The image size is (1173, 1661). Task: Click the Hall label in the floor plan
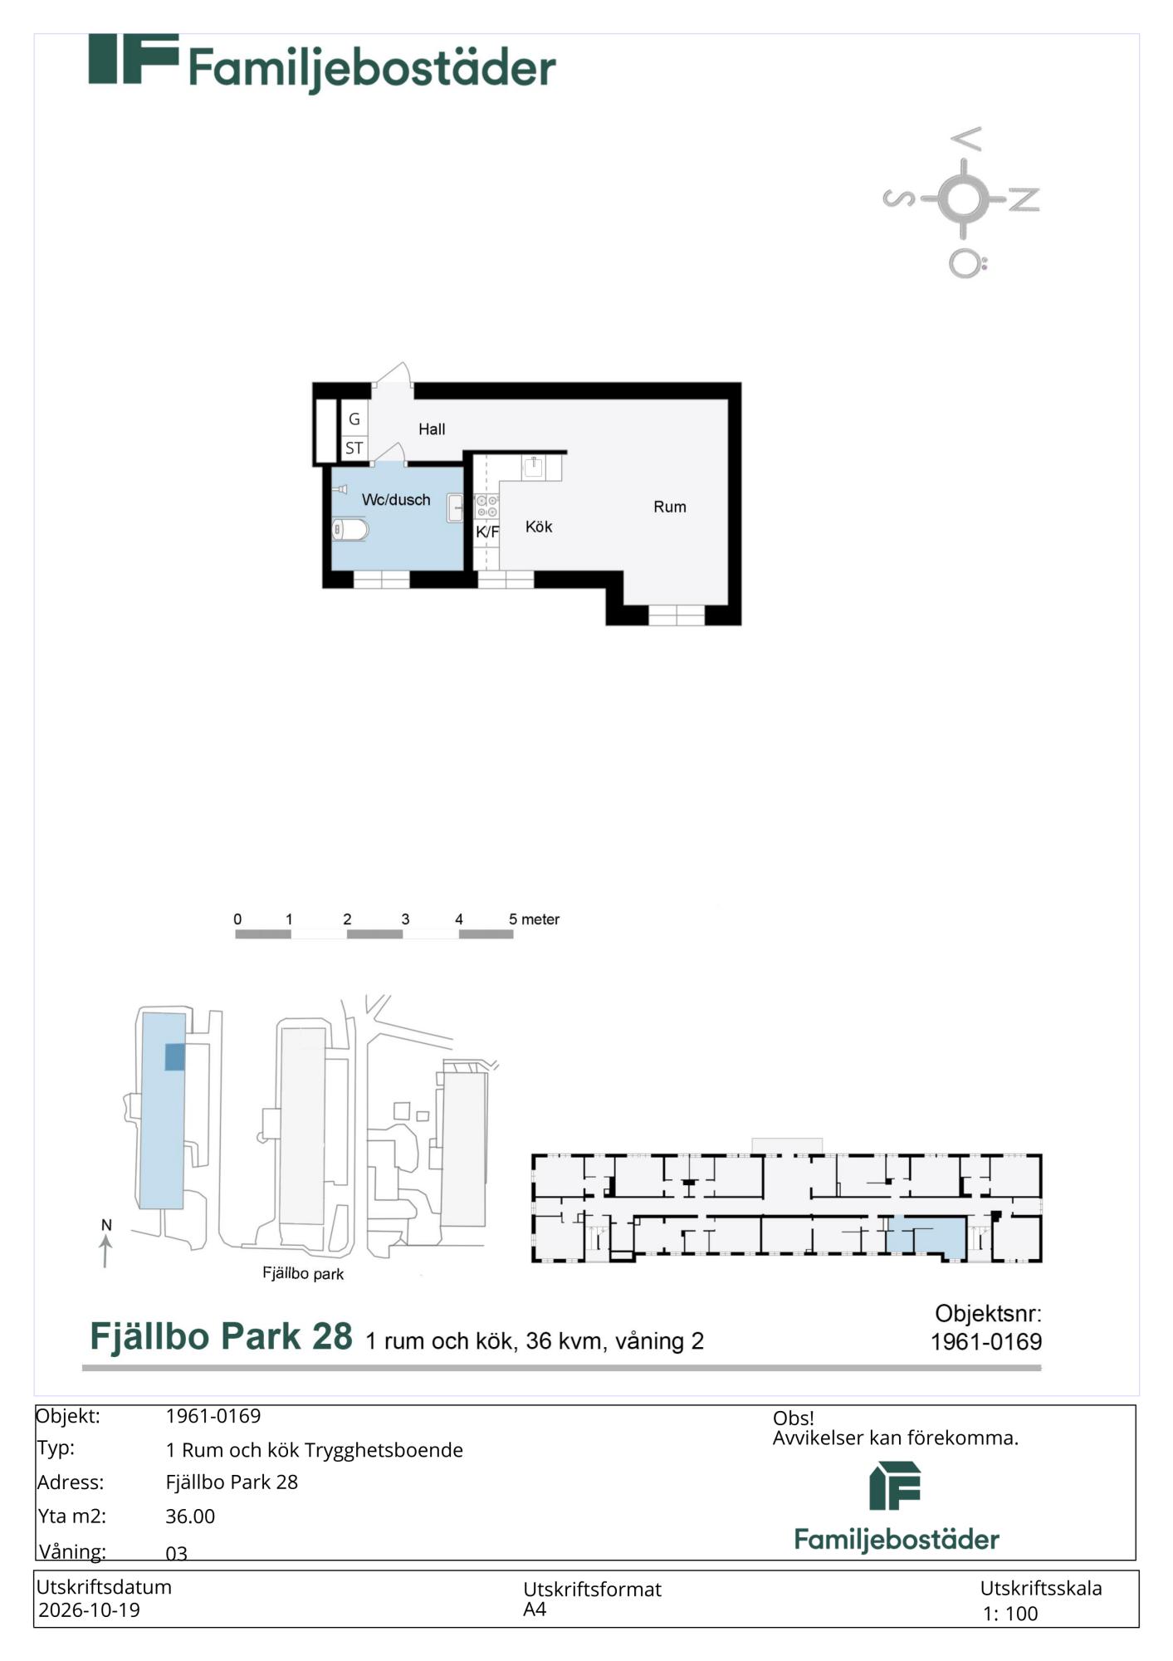coord(432,429)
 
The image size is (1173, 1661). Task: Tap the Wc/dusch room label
coord(396,500)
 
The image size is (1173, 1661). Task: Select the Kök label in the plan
coord(539,527)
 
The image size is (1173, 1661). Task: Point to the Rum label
coord(670,507)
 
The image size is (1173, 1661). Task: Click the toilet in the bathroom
coord(349,529)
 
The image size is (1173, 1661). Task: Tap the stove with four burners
coord(487,506)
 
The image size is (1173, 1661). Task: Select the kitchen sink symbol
coord(534,467)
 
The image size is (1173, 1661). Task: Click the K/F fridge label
coord(487,532)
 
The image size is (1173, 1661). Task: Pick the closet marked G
coord(354,419)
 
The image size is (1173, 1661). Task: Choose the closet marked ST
coord(354,448)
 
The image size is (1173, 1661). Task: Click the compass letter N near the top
coord(1024,199)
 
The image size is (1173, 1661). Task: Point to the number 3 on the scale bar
coord(405,919)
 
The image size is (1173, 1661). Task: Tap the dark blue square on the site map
coord(174,1057)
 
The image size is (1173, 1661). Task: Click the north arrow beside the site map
coord(105,1251)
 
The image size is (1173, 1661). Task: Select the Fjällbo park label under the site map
coord(303,1273)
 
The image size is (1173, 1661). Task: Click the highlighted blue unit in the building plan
coord(926,1236)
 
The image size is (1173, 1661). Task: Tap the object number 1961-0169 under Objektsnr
coord(986,1342)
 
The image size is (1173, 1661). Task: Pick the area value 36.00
coord(190,1516)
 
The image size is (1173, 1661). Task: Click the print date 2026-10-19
coord(89,1610)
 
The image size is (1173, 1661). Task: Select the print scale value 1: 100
coord(1010,1614)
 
